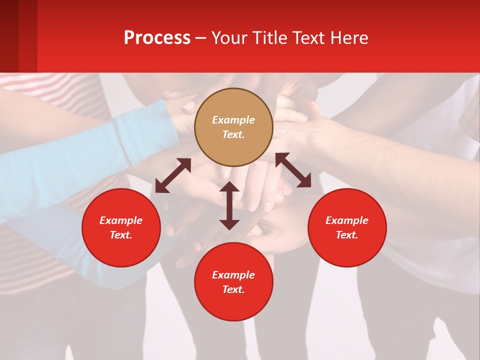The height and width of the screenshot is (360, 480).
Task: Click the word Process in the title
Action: pyautogui.click(x=157, y=38)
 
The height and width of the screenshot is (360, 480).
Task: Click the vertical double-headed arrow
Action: pyautogui.click(x=229, y=205)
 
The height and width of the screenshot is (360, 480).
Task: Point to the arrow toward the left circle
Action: pyautogui.click(x=173, y=175)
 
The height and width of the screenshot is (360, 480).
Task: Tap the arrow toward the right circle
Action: pyautogui.click(x=293, y=170)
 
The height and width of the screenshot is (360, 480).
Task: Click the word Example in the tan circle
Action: pyautogui.click(x=233, y=120)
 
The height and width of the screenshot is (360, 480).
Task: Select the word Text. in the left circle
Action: pyautogui.click(x=121, y=235)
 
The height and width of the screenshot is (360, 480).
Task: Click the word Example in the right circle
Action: pyautogui.click(x=347, y=220)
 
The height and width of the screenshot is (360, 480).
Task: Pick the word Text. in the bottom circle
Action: pyautogui.click(x=233, y=289)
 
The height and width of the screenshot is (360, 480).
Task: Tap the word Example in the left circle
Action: pyautogui.click(x=121, y=220)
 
